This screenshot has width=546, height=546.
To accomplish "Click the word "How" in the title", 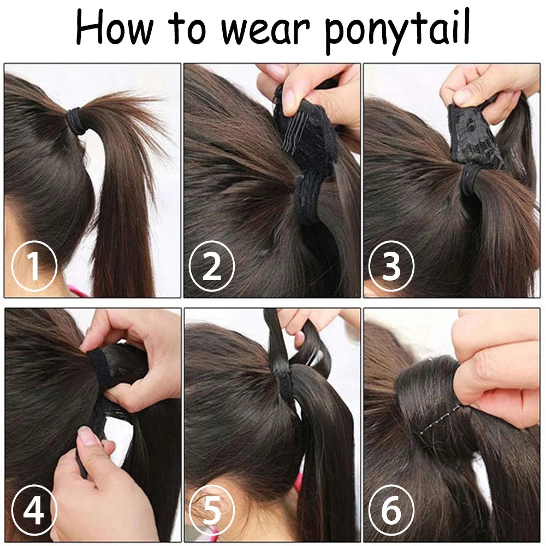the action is [x=115, y=27].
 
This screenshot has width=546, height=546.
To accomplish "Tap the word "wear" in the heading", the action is [x=265, y=30].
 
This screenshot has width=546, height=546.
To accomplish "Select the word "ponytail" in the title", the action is [x=397, y=31].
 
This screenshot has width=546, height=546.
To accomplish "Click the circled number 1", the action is [x=34, y=266].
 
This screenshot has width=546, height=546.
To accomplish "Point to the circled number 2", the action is [x=212, y=266].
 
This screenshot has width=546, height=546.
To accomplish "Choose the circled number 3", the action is [x=391, y=266].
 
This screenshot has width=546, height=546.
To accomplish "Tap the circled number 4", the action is [x=34, y=510].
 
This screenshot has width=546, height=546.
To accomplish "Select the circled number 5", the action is [x=212, y=510].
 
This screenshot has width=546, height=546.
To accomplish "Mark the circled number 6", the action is [x=391, y=510].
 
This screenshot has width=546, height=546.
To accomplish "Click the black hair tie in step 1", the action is [x=75, y=121].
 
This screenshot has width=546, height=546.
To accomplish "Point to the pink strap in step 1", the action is [x=78, y=291].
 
